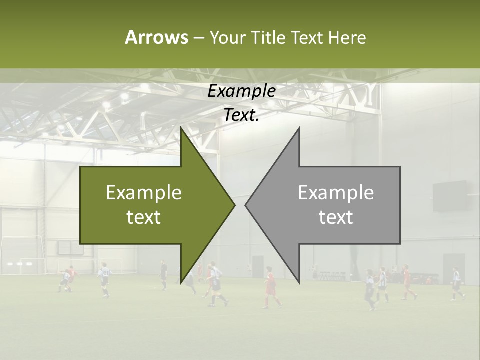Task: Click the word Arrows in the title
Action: pos(156,37)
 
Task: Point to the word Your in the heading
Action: pos(227,37)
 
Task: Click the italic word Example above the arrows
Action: pos(242,91)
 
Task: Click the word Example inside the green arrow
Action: pos(144,193)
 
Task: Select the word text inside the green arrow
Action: pos(144,217)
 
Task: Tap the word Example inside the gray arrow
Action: pos(336,193)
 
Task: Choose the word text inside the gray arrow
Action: pos(336,217)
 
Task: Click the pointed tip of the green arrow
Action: pos(234,205)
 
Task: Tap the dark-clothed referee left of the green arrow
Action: pos(164,274)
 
